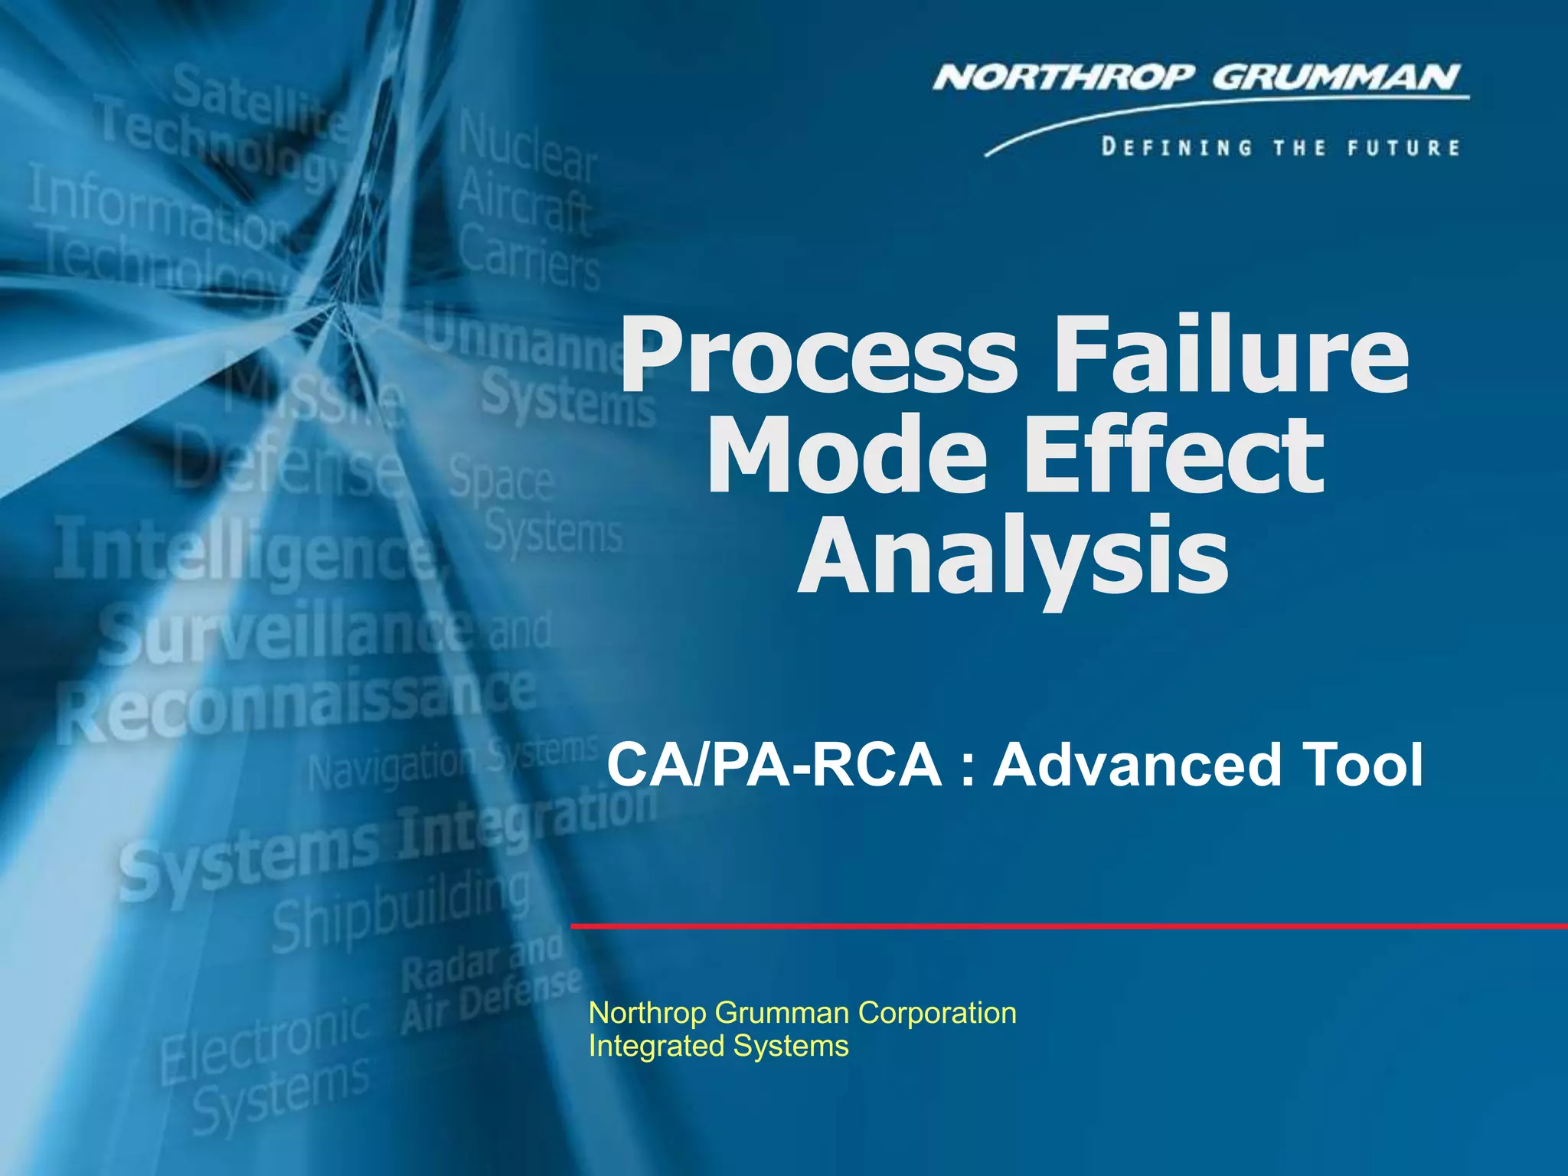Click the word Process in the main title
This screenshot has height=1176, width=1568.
click(819, 356)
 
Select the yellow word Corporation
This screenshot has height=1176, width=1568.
click(937, 1013)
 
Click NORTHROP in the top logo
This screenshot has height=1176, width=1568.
click(1063, 78)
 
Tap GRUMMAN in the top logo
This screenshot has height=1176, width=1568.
click(1336, 78)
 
